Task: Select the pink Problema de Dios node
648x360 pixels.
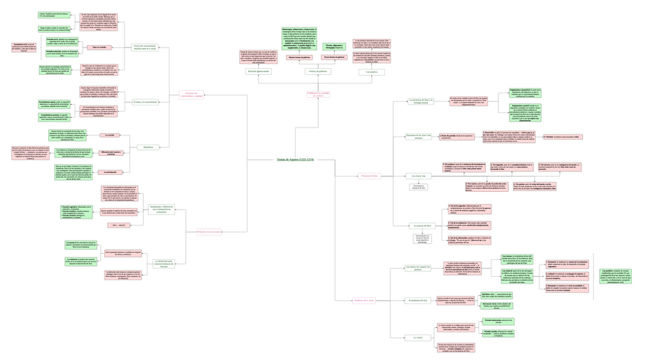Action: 368,176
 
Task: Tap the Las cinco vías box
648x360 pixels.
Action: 418,176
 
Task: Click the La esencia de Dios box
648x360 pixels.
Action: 422,225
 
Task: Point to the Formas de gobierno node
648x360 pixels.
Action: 318,71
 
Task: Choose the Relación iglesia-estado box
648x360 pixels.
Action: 259,71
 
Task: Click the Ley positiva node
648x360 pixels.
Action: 372,71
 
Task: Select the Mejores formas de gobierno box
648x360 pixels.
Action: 299,57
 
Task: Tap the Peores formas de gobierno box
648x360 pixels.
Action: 335,57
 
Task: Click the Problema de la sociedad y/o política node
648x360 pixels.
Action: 318,93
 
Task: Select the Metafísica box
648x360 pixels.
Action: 148,146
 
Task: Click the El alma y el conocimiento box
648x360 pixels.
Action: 145,102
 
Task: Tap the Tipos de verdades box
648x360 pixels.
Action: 100,47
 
